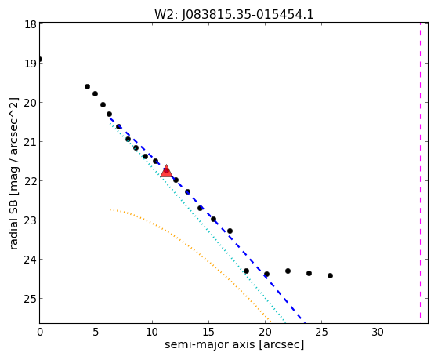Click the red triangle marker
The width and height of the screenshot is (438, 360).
point(166,171)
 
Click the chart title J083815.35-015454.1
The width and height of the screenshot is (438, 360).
point(248,15)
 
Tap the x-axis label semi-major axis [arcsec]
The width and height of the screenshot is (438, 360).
point(234,344)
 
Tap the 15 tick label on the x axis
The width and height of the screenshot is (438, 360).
point(209,333)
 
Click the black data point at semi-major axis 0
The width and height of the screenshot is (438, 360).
point(40,60)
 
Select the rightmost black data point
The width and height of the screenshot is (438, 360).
point(330,276)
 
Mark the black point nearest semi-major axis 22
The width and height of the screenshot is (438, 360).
point(288,271)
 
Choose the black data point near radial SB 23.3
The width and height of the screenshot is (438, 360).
point(230,231)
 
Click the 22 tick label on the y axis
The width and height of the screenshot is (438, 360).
point(30,181)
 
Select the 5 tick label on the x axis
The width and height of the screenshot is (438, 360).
point(96,333)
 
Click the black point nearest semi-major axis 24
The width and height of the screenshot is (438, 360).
point(309,273)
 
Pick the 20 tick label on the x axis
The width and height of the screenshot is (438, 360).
point(266,333)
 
